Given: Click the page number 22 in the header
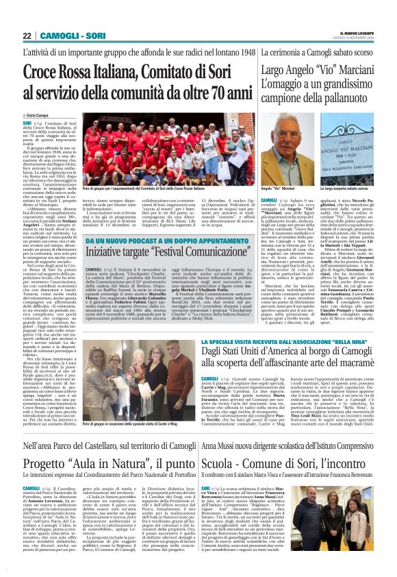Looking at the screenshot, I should coord(27,35).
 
